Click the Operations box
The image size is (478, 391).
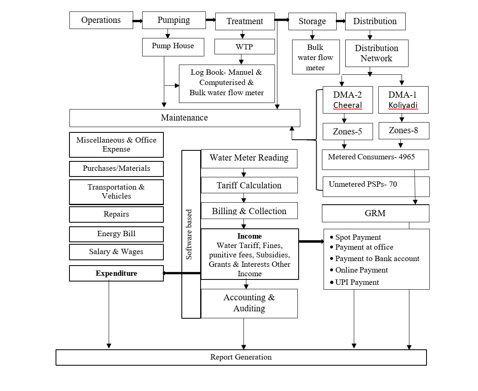pos(101,20)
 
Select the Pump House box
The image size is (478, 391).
pos(173,46)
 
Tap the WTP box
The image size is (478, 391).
pos(244,47)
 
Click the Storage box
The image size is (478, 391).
pos(312,21)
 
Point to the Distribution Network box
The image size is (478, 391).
pos(376,53)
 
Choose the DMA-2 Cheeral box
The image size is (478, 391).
pos(347,100)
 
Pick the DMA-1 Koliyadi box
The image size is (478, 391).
pos(403,100)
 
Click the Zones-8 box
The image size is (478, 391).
pos(404,131)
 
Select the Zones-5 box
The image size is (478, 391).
pos(347,132)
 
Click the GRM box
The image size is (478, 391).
pos(375,213)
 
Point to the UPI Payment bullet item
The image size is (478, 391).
pos(357,282)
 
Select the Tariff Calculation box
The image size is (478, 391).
pos(249,185)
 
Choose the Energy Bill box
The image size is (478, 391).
pos(116,234)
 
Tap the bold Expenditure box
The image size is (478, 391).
pos(116,273)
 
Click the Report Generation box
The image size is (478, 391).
pos(241,357)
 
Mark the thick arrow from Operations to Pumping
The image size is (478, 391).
pos(137,20)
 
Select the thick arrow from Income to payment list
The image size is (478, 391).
pos(311,241)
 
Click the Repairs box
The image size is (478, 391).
pos(116,214)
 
